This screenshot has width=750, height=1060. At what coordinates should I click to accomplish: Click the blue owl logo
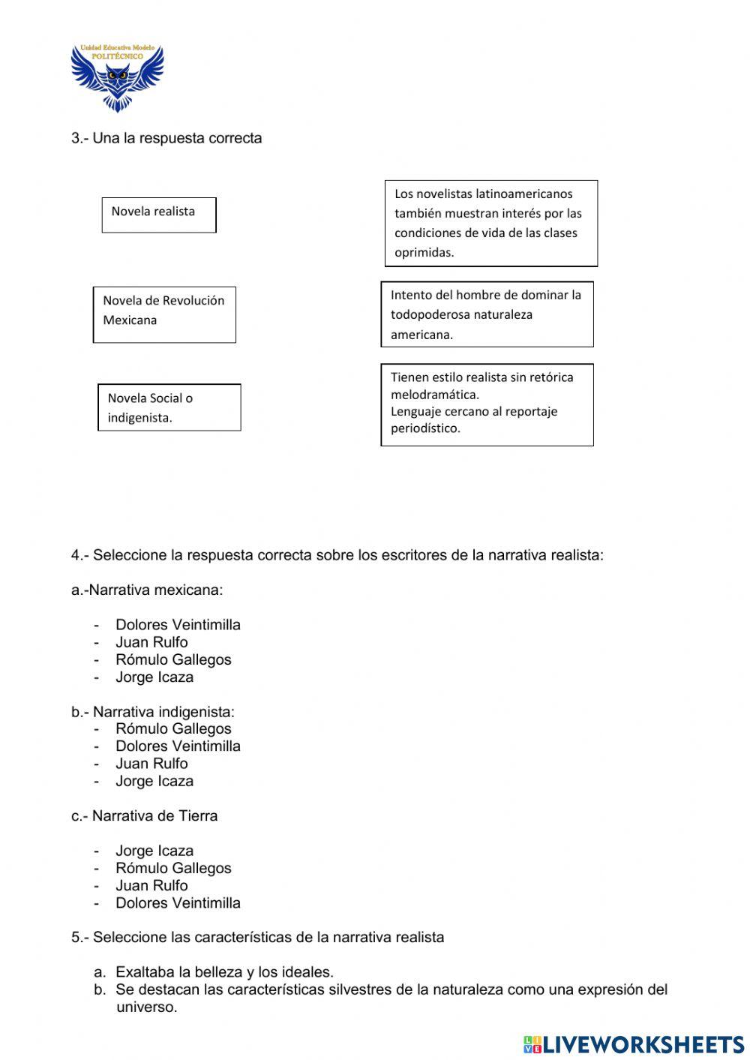click(x=117, y=77)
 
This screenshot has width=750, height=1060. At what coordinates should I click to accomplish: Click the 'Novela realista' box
click(x=159, y=215)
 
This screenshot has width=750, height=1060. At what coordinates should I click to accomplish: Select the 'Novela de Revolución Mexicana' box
click(x=164, y=314)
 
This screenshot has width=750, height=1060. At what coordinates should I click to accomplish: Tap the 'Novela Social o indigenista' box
click(x=169, y=407)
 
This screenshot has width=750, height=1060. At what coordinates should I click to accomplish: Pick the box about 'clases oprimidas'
click(x=491, y=223)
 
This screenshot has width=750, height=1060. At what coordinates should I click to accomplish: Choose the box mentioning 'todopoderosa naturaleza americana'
click(x=487, y=314)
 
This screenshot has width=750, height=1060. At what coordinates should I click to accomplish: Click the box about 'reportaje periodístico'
click(x=487, y=405)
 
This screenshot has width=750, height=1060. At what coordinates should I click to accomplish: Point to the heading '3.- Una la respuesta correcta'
click(x=166, y=138)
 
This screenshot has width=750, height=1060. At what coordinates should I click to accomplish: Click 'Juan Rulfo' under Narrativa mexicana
click(x=151, y=642)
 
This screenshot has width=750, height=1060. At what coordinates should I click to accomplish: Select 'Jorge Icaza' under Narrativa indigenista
click(x=154, y=781)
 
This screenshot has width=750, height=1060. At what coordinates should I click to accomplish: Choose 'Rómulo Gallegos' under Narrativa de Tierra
click(x=173, y=868)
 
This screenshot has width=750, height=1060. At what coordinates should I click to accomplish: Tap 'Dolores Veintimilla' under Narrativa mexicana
click(x=178, y=625)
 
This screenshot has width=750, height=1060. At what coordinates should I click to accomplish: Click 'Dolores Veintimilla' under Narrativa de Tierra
click(x=178, y=903)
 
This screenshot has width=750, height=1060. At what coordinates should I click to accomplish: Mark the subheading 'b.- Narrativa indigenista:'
click(x=153, y=711)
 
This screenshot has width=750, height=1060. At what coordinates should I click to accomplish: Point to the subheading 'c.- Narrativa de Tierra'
click(x=145, y=815)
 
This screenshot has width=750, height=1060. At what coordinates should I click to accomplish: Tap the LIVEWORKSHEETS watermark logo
click(x=634, y=1043)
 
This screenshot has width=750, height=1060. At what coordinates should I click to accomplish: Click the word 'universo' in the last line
click(x=146, y=1007)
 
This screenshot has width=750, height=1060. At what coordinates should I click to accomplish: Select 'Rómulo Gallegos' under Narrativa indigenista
click(x=173, y=728)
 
